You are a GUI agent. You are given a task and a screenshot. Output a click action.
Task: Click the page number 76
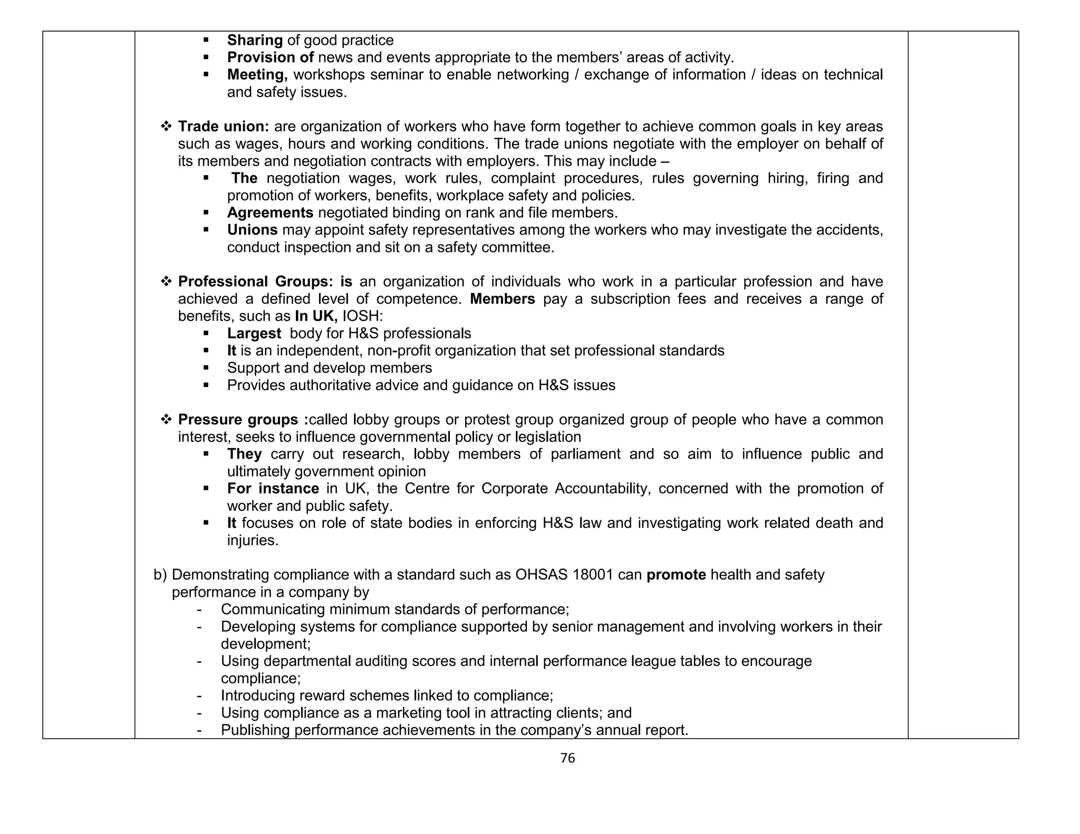[567, 758]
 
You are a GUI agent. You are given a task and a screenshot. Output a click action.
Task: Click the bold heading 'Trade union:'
[224, 127]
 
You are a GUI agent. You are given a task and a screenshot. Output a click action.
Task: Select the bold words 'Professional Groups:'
[255, 282]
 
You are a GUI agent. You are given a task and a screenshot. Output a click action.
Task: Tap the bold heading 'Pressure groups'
[238, 420]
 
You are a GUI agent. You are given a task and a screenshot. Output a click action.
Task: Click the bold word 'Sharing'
[255, 40]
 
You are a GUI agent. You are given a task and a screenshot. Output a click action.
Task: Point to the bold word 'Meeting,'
[257, 75]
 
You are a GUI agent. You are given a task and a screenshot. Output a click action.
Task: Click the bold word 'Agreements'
[270, 213]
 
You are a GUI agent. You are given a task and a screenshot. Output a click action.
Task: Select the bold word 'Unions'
[252, 230]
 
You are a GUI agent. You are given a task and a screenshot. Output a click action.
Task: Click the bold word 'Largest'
[254, 333]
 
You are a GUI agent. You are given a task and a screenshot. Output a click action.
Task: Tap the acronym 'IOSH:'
[362, 316]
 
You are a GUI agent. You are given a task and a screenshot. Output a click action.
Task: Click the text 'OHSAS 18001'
[564, 575]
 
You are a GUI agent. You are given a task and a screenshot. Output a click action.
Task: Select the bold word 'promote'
[676, 575]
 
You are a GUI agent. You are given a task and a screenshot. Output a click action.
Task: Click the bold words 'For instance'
[273, 489]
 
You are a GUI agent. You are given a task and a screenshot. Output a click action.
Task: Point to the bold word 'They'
[244, 454]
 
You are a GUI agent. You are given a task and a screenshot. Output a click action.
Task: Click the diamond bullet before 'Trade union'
[166, 127]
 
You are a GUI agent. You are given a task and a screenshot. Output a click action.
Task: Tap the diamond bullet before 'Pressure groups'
[166, 420]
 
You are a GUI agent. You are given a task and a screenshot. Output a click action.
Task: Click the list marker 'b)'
[160, 575]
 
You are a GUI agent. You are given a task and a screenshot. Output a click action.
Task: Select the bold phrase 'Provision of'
[270, 57]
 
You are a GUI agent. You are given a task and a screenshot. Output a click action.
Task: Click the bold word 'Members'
[502, 299]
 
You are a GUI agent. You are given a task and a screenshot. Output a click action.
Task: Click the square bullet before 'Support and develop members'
[206, 368]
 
